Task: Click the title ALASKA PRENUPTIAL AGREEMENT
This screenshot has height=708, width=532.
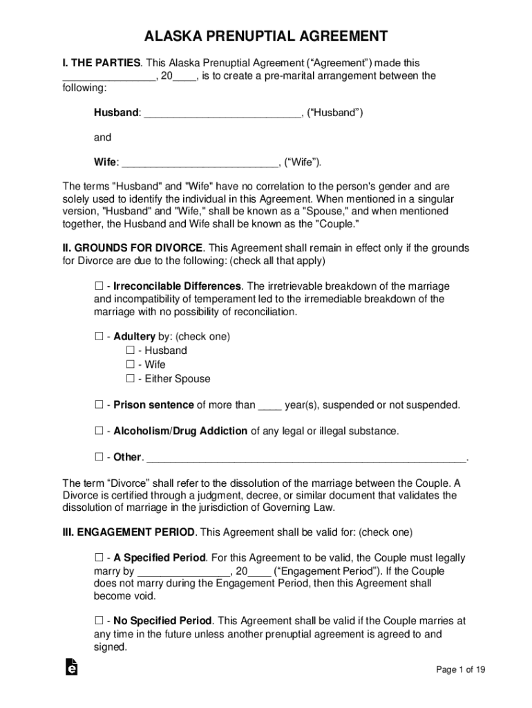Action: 266,37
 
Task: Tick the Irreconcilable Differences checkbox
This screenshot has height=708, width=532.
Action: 98,286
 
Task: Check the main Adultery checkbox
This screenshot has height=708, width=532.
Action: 98,337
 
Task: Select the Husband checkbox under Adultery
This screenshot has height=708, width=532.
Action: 130,351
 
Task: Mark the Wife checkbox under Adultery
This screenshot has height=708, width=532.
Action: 130,364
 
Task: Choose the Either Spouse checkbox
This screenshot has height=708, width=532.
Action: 130,379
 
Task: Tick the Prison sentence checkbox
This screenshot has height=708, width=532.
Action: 98,404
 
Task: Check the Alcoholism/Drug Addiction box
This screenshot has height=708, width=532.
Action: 98,431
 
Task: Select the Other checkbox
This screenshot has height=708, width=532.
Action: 98,457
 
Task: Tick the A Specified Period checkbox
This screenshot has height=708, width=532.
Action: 98,558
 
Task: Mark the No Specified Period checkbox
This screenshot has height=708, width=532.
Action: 98,621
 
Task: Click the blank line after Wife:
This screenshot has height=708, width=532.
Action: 200,164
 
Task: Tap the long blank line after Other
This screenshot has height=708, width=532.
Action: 307,458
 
